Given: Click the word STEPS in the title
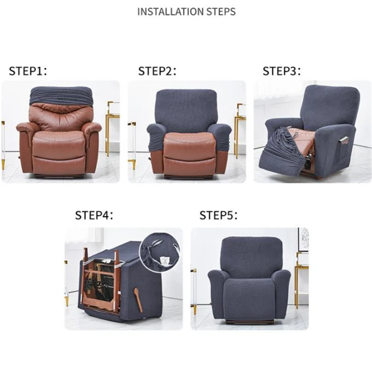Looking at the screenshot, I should click(219, 11).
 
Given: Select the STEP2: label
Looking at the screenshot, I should click(157, 71).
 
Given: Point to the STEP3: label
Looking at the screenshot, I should click(282, 71).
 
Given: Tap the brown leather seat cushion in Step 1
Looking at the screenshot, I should click(59, 139).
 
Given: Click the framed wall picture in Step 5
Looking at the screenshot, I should click(303, 239).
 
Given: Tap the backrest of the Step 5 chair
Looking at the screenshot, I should click(252, 256).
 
